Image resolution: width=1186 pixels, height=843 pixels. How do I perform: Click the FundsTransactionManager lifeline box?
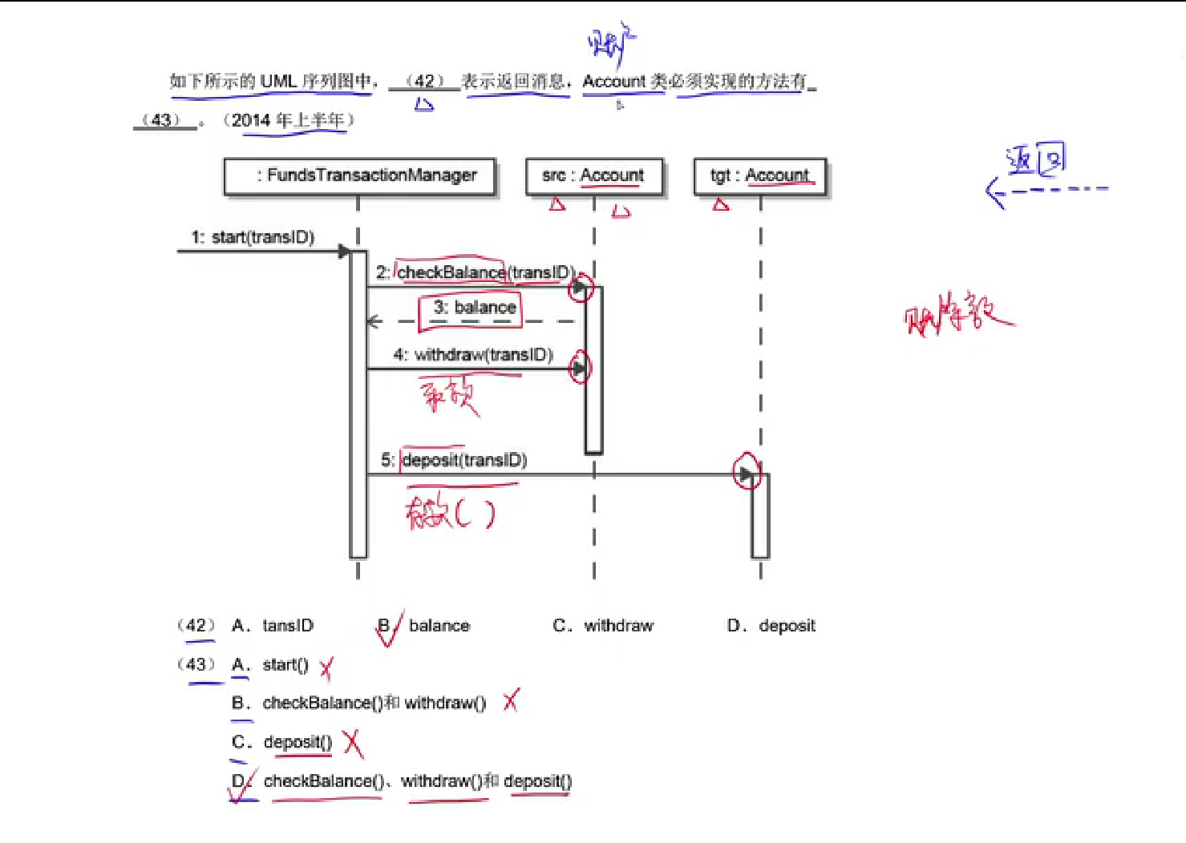[359, 176]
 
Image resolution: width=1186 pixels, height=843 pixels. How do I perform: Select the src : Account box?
[593, 176]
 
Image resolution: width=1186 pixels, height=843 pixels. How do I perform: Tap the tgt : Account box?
[759, 176]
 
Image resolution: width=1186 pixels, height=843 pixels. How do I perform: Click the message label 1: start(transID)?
[253, 237]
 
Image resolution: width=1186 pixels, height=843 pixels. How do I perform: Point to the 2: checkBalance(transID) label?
[475, 272]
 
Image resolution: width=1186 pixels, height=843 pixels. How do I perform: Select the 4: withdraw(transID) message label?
[473, 355]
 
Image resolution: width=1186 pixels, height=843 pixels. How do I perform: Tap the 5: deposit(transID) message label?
[455, 460]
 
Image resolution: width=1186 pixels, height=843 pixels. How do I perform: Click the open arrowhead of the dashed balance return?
[373, 322]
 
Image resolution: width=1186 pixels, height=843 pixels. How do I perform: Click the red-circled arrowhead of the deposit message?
[746, 474]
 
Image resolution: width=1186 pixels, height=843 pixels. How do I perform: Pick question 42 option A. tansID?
[273, 626]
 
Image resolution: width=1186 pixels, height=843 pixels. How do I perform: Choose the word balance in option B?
[439, 626]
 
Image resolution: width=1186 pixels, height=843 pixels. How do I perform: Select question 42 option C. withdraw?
[603, 626]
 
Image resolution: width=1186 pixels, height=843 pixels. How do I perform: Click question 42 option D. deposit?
[771, 626]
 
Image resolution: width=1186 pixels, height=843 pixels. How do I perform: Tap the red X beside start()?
[326, 668]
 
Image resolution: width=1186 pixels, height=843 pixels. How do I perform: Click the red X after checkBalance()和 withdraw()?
[511, 701]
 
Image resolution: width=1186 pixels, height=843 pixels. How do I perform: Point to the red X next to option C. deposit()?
[353, 744]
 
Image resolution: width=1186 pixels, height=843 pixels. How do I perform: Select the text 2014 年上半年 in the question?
[288, 120]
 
